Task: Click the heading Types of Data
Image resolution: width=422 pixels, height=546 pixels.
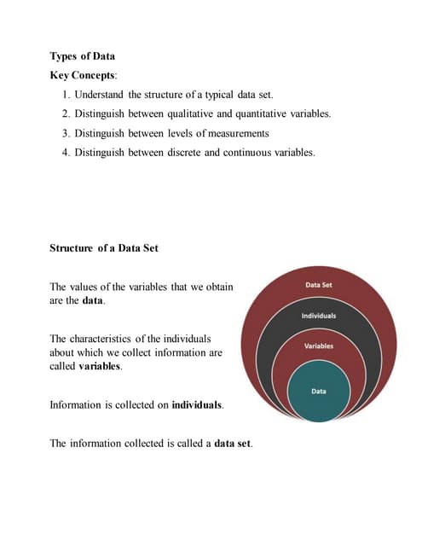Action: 84,56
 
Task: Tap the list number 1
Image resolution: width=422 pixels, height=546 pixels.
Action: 78,95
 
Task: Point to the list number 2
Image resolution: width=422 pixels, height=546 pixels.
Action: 78,114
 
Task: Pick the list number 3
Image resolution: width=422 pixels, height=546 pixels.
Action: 78,133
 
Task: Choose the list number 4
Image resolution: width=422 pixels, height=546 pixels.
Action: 78,153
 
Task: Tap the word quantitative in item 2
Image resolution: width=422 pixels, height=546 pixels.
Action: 286,114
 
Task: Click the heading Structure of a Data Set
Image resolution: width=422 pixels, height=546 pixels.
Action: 105,250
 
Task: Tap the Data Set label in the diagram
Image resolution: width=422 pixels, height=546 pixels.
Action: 318,284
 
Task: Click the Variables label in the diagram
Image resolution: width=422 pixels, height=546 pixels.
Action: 319,346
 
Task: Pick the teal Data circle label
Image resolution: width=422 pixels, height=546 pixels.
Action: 319,391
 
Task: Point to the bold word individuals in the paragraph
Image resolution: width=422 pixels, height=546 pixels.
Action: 197,404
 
